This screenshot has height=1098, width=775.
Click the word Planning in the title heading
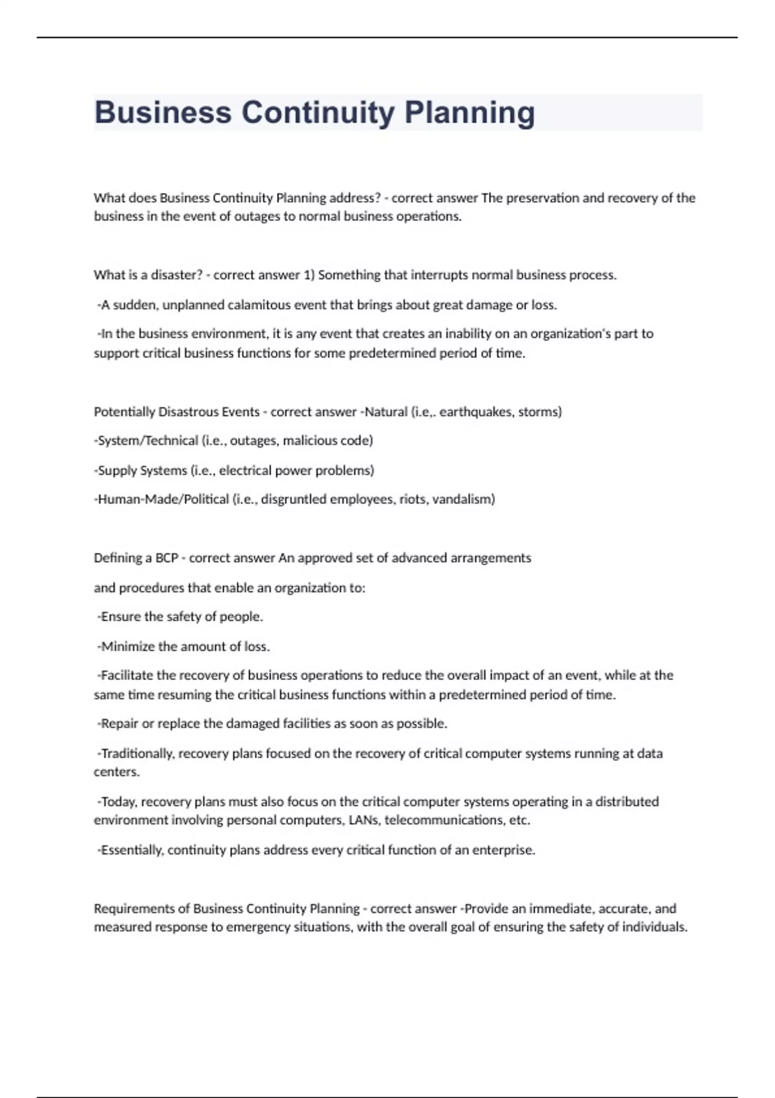coord(470,113)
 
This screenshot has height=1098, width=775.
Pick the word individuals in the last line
coord(654,927)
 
